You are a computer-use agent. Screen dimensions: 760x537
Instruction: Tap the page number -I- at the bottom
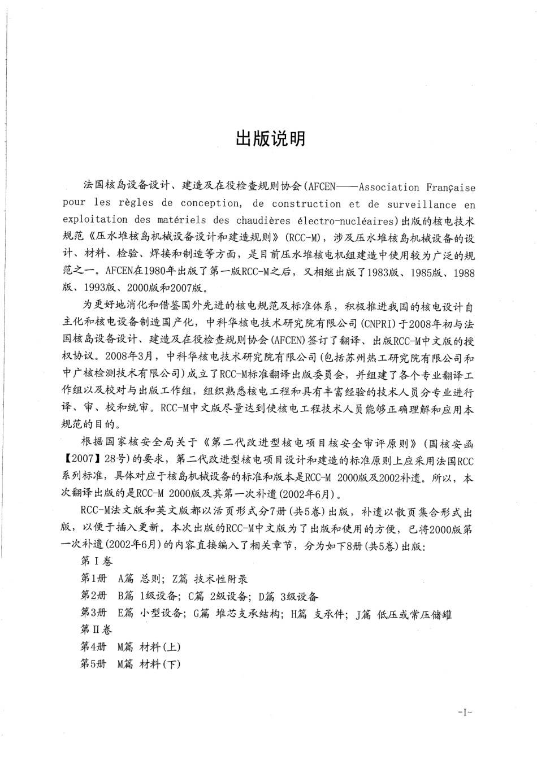coord(465,712)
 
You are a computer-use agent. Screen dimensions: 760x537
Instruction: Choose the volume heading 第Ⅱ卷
coord(97,629)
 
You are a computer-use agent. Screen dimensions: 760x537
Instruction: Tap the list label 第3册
coord(94,613)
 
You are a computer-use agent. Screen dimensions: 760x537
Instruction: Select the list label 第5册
coord(94,664)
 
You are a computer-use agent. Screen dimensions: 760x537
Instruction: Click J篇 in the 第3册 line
coord(363,613)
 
